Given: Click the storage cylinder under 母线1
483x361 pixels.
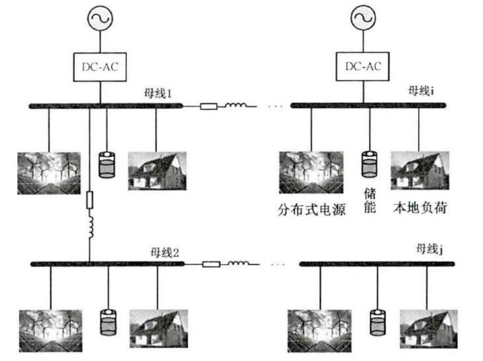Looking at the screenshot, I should point(106,165).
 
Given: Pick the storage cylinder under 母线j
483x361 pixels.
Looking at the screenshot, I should point(378,321).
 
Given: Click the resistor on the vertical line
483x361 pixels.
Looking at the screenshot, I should point(89,200).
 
